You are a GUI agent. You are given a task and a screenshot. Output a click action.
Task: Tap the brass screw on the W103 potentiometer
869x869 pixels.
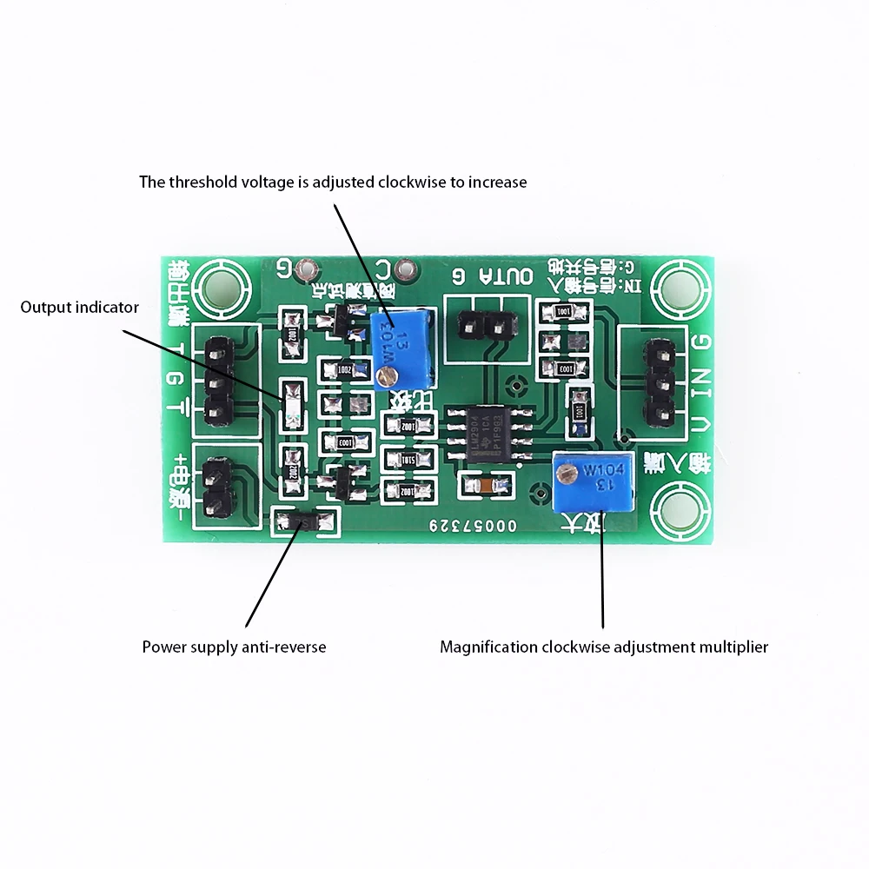387,375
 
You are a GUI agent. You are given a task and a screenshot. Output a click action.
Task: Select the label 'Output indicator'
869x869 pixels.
80,307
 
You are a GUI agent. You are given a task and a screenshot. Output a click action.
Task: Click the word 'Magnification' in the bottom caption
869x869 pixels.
488,647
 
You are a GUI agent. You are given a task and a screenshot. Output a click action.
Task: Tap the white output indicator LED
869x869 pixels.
292,404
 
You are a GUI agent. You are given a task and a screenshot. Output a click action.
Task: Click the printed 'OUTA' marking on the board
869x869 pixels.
516,277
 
